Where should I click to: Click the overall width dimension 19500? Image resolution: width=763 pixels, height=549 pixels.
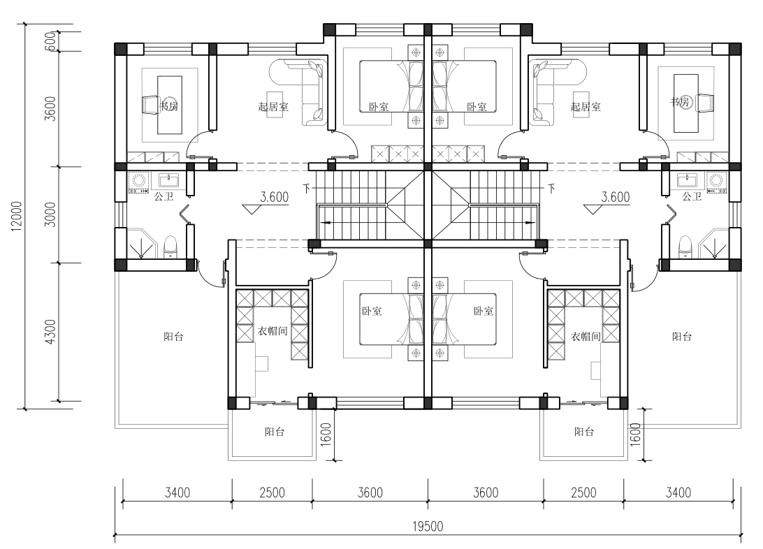tap(428, 526)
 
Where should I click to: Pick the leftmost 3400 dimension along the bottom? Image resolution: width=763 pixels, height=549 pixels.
tap(177, 492)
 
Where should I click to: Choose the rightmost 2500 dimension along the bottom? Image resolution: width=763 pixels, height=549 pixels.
tap(583, 492)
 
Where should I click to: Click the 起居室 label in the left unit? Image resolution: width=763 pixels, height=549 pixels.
tap(273, 106)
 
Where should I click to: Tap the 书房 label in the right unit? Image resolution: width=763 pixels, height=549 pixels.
tap(680, 102)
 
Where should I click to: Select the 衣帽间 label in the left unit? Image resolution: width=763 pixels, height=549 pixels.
tap(272, 331)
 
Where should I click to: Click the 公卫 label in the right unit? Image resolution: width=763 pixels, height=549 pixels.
tap(692, 196)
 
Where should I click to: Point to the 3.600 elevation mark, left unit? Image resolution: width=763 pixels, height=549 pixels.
tap(275, 197)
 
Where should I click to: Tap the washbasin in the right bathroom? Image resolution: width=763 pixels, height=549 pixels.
tap(686, 181)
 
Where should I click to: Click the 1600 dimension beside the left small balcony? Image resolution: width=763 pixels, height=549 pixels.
tap(326, 434)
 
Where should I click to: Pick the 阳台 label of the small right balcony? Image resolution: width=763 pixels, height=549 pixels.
tap(584, 432)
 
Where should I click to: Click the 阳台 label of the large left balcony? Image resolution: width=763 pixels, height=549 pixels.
tap(173, 336)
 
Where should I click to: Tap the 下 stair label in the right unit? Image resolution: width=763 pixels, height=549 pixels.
tap(551, 188)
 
